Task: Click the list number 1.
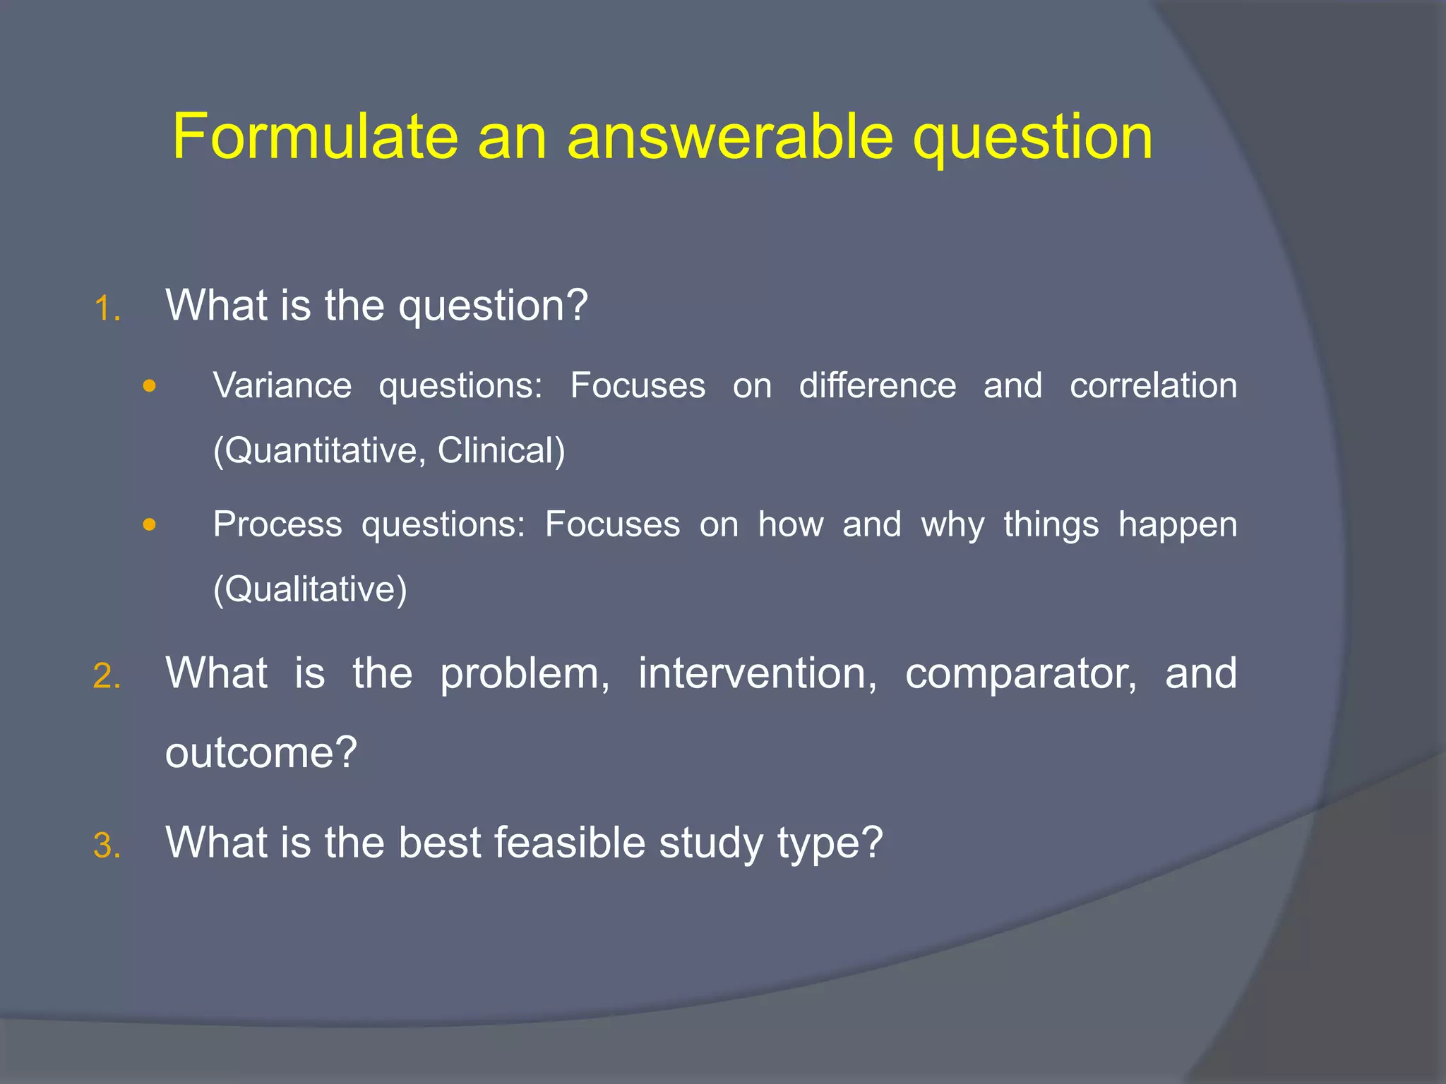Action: click(107, 309)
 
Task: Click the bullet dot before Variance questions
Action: click(148, 386)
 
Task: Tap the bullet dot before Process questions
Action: click(148, 524)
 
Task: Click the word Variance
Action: click(282, 386)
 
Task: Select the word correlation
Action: click(1153, 386)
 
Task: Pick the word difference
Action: click(878, 386)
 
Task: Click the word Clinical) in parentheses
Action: click(501, 451)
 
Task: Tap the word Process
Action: click(277, 524)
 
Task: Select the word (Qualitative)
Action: click(311, 589)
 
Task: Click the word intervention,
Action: click(758, 673)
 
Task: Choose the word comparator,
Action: click(1021, 675)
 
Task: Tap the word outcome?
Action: click(261, 752)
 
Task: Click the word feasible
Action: click(570, 843)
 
